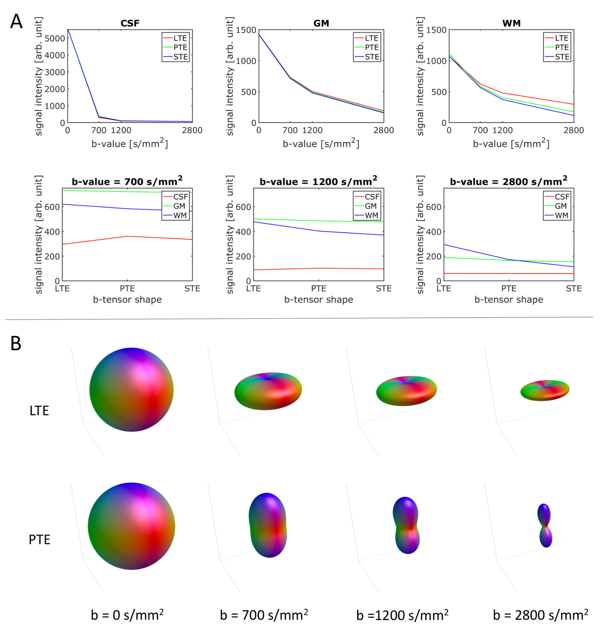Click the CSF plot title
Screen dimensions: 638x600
click(130, 23)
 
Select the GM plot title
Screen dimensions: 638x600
click(321, 23)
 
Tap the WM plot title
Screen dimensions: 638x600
click(512, 23)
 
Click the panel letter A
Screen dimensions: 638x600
click(16, 22)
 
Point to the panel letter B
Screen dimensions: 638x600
click(16, 343)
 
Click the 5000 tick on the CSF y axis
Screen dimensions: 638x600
click(55, 39)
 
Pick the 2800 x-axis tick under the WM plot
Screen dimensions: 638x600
click(574, 130)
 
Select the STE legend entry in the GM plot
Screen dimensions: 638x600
click(372, 57)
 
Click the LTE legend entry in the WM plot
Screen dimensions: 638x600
click(561, 38)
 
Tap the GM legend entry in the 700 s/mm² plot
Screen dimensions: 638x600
click(179, 206)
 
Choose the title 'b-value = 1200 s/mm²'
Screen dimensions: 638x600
click(318, 181)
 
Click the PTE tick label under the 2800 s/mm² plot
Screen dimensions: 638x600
click(509, 289)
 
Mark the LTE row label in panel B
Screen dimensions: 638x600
click(39, 411)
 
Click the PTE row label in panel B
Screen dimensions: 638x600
click(40, 539)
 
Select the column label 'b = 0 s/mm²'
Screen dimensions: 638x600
click(127, 615)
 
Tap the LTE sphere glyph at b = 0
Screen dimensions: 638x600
click(131, 390)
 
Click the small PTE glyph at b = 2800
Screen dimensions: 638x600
click(545, 526)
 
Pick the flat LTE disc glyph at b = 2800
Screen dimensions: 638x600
click(545, 390)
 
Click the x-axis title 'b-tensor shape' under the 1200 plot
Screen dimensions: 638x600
click(319, 300)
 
